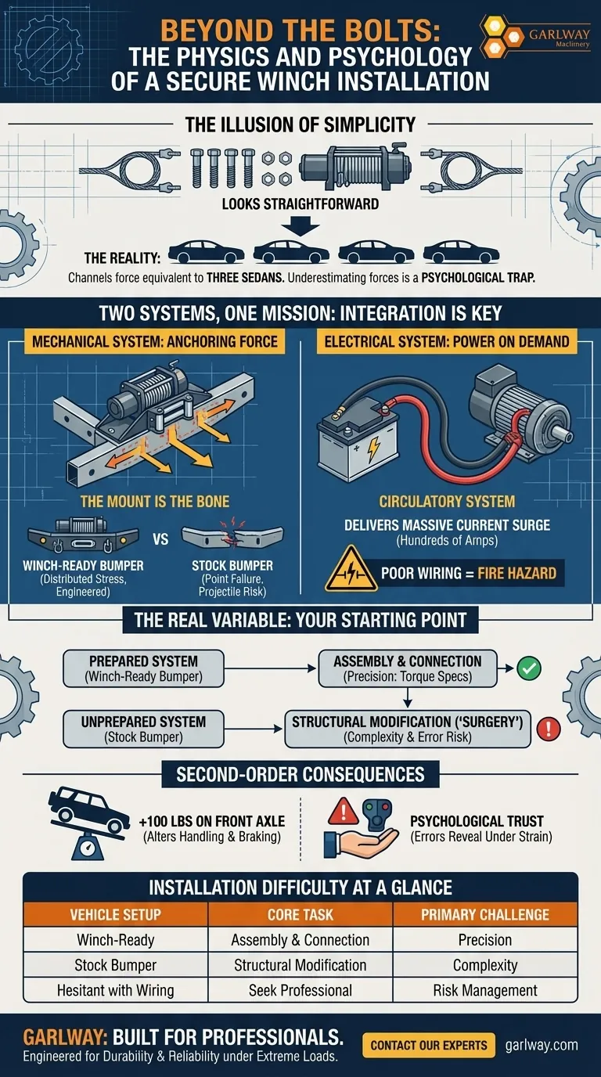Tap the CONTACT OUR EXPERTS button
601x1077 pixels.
coord(429,1044)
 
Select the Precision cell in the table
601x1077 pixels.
coord(484,939)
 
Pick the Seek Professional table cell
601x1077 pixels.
coord(300,989)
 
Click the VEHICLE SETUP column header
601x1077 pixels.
coord(116,914)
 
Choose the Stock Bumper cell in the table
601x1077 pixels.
coord(116,964)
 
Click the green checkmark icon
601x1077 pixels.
coord(530,668)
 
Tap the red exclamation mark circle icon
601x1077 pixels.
coord(549,729)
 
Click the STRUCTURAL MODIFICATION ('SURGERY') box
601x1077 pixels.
coord(408,729)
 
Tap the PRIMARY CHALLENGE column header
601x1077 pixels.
coord(484,914)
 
